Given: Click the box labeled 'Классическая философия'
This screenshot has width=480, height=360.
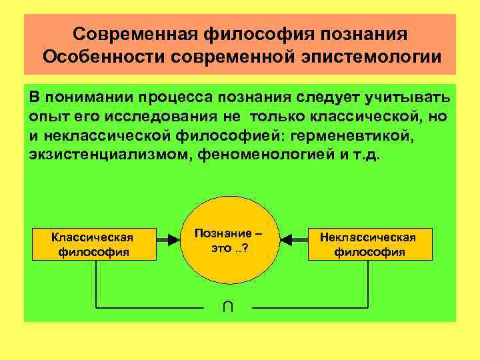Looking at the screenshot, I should [x=93, y=244].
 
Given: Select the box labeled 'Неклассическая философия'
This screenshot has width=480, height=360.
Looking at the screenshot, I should [x=369, y=244].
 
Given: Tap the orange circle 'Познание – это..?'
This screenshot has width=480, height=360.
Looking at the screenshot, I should [x=229, y=244].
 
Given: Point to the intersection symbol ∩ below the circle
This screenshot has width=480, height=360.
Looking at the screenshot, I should [x=228, y=306].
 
